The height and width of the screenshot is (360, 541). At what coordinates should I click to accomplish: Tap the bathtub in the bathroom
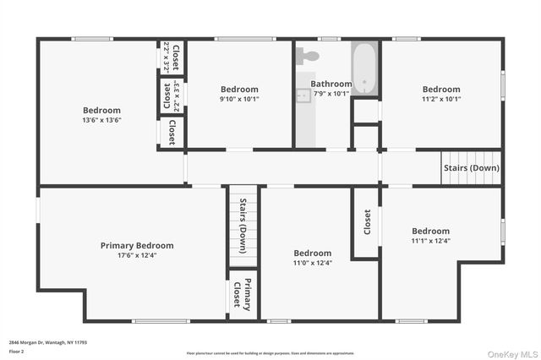click(x=365, y=68)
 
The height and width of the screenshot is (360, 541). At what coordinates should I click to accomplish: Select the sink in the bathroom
click(x=303, y=95)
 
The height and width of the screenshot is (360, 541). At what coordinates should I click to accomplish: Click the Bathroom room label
click(x=331, y=84)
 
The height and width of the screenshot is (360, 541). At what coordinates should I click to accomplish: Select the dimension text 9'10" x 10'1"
click(x=240, y=99)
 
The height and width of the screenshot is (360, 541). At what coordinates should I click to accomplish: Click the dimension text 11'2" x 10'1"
click(x=441, y=99)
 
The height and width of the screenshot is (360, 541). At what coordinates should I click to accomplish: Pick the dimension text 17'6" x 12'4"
click(x=137, y=255)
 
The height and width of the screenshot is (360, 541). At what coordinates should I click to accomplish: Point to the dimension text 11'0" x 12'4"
click(x=312, y=263)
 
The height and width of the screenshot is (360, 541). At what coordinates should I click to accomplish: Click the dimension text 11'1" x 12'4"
click(x=430, y=241)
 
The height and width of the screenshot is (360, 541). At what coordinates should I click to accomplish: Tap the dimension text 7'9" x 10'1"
click(x=331, y=94)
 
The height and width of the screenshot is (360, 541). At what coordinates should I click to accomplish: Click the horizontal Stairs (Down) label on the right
click(x=471, y=167)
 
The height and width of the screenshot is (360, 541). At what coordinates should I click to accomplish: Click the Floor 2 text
click(x=17, y=351)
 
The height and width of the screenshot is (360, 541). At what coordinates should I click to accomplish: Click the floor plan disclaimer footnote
click(x=270, y=353)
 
